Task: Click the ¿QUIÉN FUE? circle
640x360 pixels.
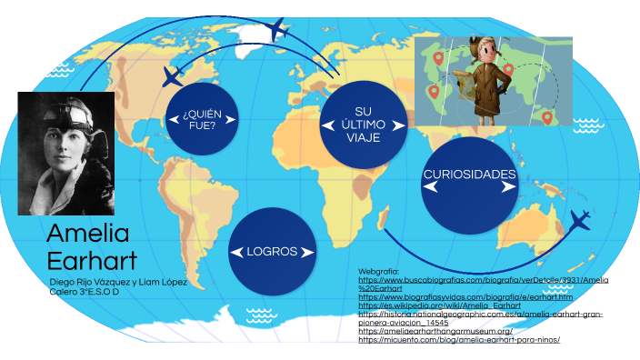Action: (202, 118)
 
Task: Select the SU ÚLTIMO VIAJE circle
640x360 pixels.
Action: (363, 124)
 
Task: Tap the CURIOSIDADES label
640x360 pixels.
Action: (469, 174)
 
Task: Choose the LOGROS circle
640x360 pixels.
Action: (272, 251)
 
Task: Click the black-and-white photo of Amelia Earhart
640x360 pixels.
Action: (66, 153)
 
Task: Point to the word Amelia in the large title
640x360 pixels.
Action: (88, 234)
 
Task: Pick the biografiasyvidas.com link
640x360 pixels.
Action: (465, 297)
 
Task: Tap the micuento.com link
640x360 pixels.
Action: (459, 340)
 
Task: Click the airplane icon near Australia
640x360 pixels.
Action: (579, 220)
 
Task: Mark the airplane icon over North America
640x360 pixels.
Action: (171, 75)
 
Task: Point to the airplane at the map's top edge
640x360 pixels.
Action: (278, 29)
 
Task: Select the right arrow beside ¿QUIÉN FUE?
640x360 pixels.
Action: (230, 118)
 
